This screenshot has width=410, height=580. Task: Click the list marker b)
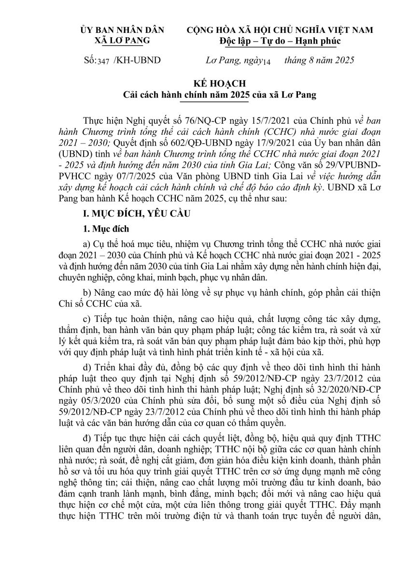pos(87,293)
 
